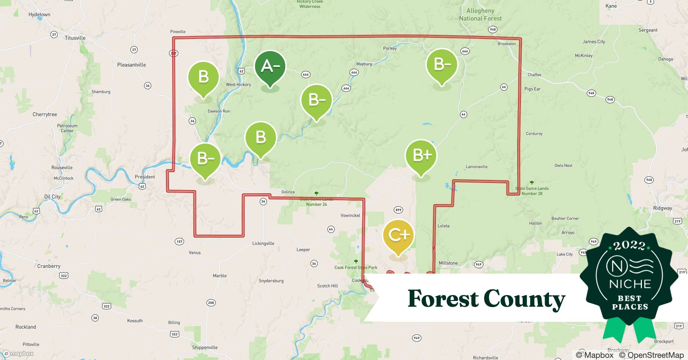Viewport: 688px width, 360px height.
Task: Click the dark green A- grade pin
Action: tap(270, 67)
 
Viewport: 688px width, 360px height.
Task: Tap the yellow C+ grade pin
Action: tap(398, 235)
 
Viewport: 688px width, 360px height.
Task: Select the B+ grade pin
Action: tap(421, 156)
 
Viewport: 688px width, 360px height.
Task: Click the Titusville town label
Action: tap(75, 38)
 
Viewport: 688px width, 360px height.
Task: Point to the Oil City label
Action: tap(52, 197)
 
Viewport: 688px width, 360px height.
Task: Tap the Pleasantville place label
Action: tap(131, 65)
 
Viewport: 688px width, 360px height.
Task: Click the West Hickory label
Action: tap(238, 85)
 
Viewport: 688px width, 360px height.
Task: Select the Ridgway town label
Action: tap(662, 208)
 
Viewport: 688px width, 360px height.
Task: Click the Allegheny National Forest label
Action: tap(480, 15)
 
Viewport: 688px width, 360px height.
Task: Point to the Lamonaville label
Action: tap(477, 167)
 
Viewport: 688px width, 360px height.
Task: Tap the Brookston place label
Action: tap(506, 44)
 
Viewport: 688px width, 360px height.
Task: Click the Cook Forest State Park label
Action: tap(356, 267)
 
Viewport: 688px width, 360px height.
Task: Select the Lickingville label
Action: tap(263, 243)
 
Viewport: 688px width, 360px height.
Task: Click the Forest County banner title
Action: tap(486, 299)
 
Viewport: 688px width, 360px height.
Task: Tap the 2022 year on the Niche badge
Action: tap(629, 246)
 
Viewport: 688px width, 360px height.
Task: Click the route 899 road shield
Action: tap(398, 210)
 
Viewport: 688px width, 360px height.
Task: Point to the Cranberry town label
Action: tap(49, 266)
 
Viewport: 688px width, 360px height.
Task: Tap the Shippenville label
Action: tap(205, 347)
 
